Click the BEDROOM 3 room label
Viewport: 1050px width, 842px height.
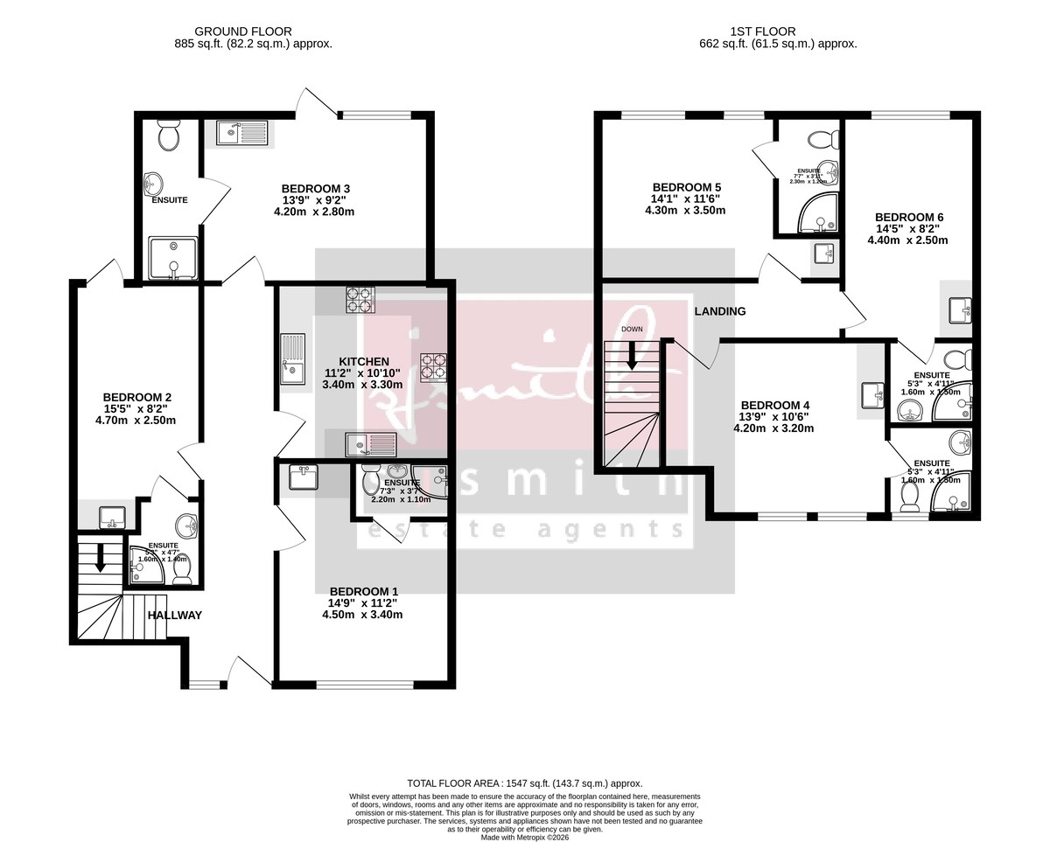[316, 189]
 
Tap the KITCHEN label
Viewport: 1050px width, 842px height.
[364, 362]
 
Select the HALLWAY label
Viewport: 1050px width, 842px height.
[174, 616]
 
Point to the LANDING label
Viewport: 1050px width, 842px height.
[720, 311]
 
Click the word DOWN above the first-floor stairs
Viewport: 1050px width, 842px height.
[632, 330]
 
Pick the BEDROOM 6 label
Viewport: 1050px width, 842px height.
[909, 218]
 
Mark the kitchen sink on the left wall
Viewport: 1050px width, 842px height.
[292, 358]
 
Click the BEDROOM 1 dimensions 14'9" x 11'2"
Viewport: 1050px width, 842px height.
[362, 602]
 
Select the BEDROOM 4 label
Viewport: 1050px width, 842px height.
[775, 405]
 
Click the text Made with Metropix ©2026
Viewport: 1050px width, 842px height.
[525, 837]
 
